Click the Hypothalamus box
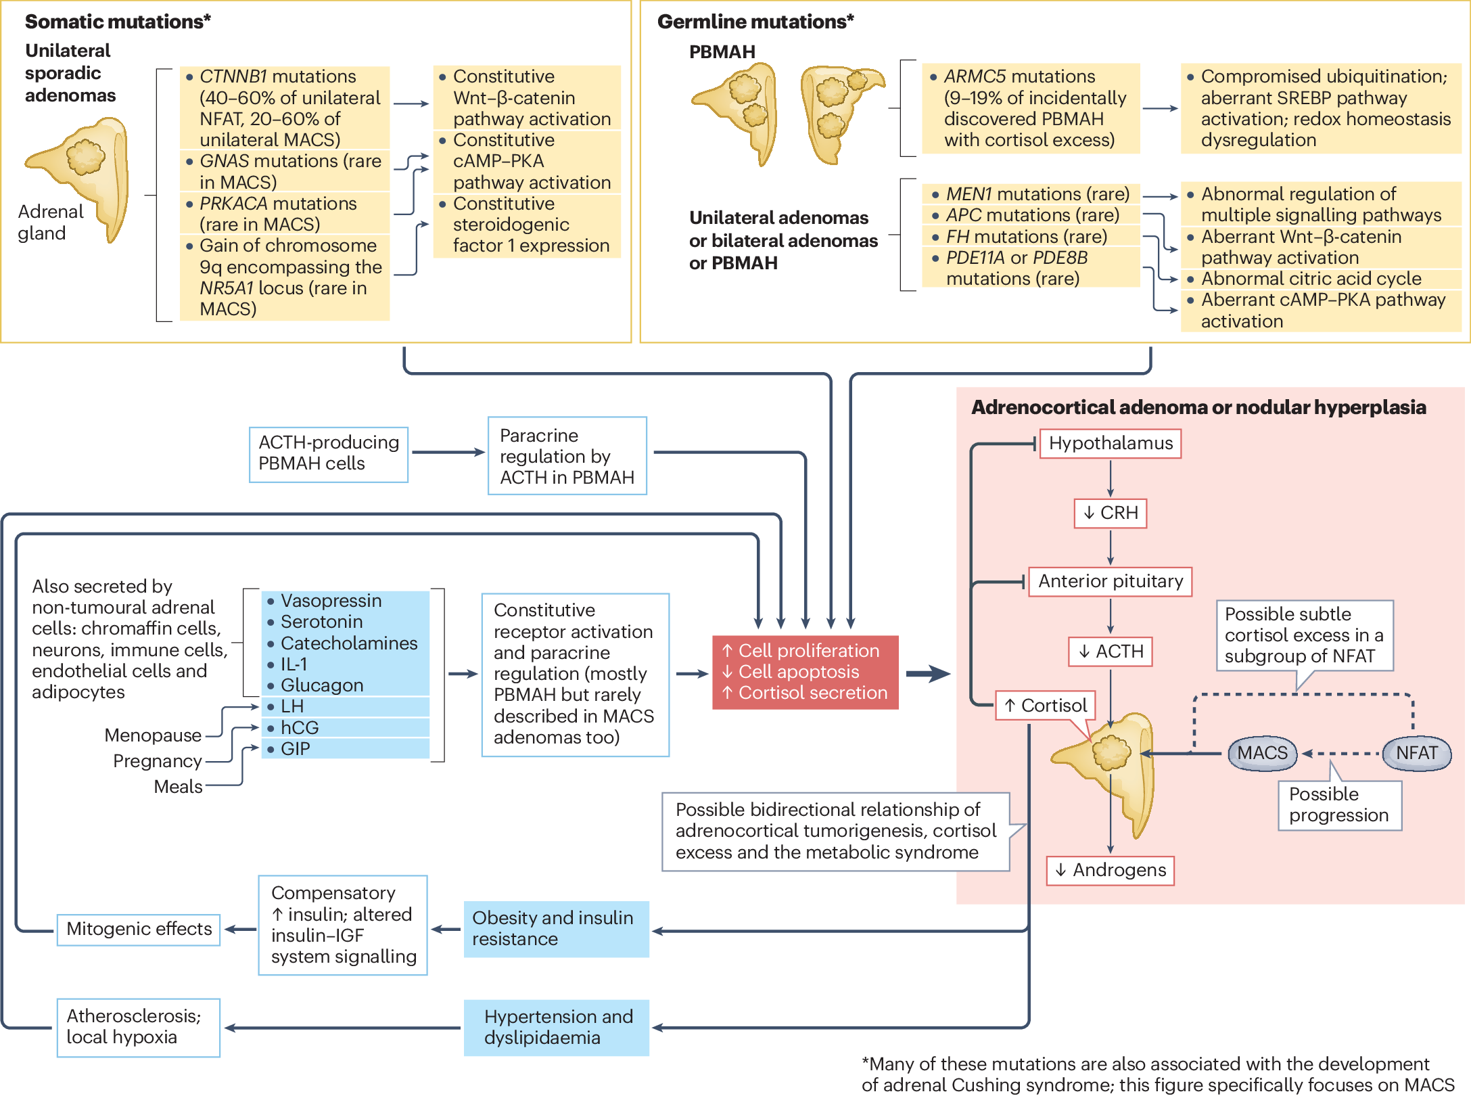click(x=1110, y=443)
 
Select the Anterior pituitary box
click(x=1110, y=581)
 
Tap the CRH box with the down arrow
click(x=1111, y=513)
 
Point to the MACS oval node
click(x=1262, y=753)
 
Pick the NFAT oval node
click(x=1417, y=753)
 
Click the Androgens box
click(x=1111, y=870)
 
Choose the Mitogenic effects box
click(x=139, y=930)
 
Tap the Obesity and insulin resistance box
click(x=556, y=929)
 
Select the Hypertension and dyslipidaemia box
click(x=556, y=1027)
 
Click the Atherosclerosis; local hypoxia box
click(x=139, y=1027)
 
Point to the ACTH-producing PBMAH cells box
click(x=329, y=454)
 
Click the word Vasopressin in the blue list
click(x=331, y=601)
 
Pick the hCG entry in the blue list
click(x=300, y=728)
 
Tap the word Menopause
click(x=153, y=735)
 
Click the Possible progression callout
click(x=1340, y=805)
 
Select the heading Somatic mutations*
click(x=118, y=22)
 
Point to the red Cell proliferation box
click(x=805, y=672)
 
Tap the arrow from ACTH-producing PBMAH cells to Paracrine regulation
click(x=448, y=453)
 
